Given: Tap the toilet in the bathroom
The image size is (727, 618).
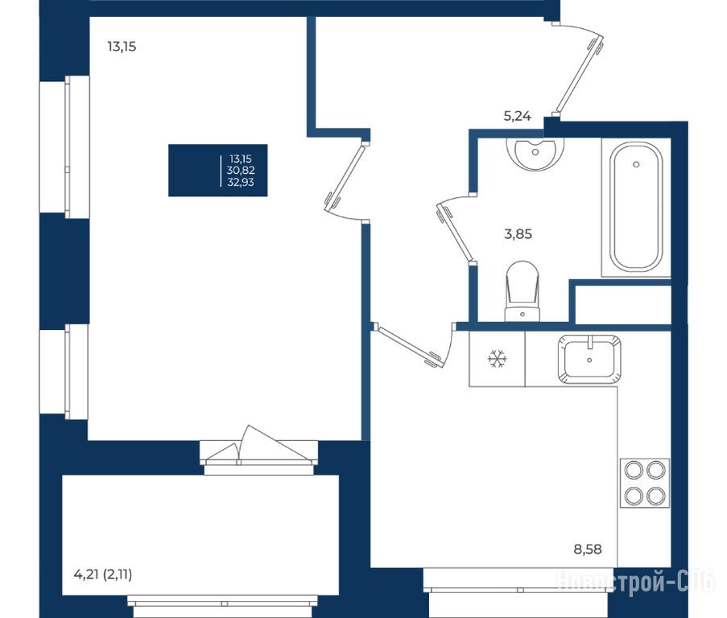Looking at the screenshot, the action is [523, 291].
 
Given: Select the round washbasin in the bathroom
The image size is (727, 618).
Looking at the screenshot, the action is [536, 154].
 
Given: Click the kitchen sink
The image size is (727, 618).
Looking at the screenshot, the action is [589, 359].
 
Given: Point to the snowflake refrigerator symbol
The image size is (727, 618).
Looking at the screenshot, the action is [497, 359].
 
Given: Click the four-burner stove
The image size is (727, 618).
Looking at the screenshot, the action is [645, 483].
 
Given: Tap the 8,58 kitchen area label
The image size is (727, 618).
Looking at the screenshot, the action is [588, 550].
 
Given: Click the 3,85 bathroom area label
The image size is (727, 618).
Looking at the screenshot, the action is [518, 234].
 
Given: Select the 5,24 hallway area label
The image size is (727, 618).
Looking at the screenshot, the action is [518, 116].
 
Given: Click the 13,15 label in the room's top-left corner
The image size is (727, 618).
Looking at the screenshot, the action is [122, 47].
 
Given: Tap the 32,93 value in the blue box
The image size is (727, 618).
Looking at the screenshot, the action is [241, 182].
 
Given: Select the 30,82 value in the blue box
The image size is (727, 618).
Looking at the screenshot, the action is [241, 171].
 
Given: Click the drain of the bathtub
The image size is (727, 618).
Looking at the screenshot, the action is [636, 164].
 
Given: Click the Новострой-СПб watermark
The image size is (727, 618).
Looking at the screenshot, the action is [636, 581].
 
